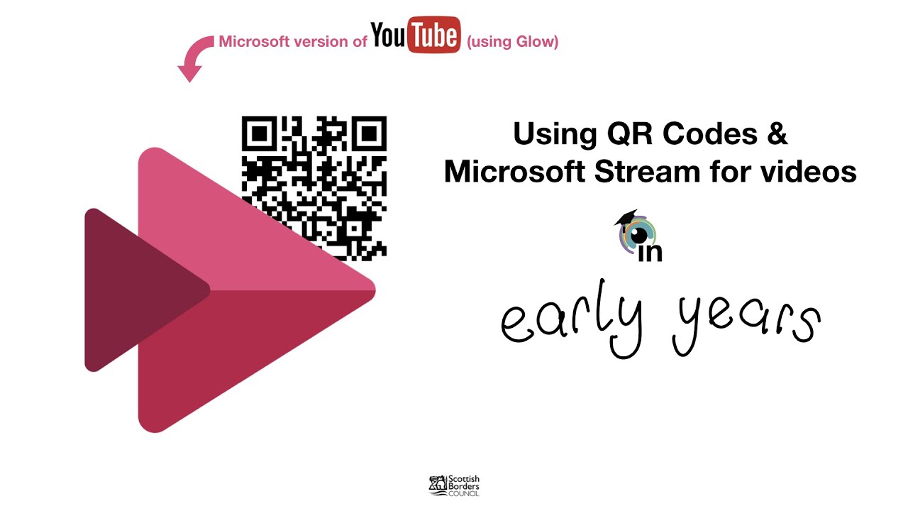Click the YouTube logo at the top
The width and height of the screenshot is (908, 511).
(415, 36)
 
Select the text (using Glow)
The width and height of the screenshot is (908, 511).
(512, 42)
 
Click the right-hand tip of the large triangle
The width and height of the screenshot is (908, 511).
(370, 290)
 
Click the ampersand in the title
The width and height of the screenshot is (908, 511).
(777, 133)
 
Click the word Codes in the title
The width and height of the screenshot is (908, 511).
(700, 133)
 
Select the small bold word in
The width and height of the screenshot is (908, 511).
(650, 252)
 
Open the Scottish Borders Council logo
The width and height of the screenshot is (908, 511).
(455, 485)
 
